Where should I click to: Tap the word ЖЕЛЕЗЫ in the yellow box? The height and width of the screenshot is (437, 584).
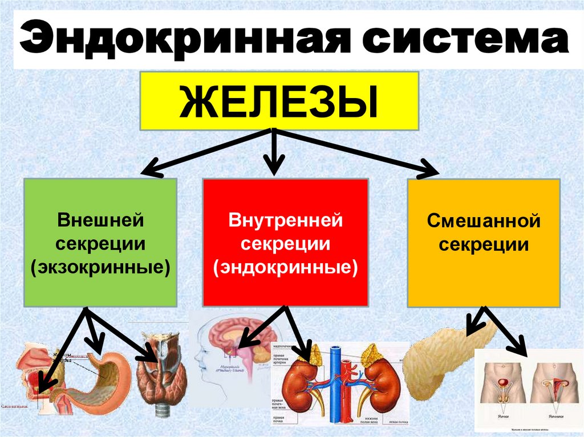pyautogui.click(x=279, y=102)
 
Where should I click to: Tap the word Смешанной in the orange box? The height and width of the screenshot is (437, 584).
pyautogui.click(x=484, y=220)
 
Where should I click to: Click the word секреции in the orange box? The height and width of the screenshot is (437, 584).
pyautogui.click(x=484, y=245)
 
